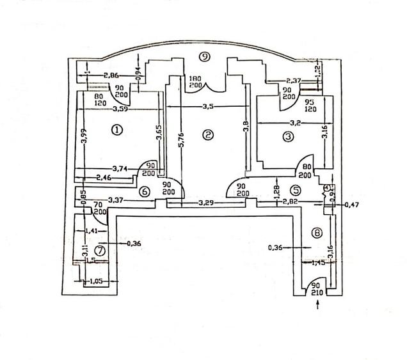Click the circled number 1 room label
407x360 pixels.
point(116,130)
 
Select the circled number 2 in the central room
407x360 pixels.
point(207,134)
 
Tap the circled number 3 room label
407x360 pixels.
point(288,136)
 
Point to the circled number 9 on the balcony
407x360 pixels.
point(204,57)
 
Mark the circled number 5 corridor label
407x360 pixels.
point(296,189)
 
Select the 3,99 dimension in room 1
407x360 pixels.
point(84,138)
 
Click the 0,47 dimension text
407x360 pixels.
point(352,205)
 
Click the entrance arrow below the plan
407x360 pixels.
point(318,308)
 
